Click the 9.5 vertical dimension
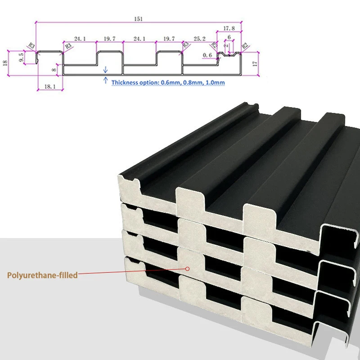[21, 57]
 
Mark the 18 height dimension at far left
[5, 63]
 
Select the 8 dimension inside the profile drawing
[54, 70]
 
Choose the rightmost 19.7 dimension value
[169, 39]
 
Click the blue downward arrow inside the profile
[105, 69]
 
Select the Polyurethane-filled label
[42, 275]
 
